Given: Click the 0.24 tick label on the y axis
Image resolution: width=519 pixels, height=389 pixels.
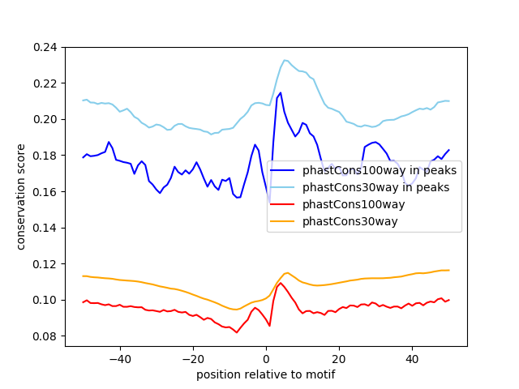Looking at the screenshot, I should (45, 47).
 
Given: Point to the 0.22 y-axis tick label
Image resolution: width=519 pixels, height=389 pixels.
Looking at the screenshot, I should (45, 83).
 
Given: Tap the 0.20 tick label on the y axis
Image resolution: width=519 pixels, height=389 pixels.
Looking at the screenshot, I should (45, 119).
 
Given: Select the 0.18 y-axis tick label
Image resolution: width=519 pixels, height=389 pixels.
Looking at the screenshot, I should (45, 156).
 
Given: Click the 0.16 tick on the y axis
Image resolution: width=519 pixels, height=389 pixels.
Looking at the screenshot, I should (45, 191).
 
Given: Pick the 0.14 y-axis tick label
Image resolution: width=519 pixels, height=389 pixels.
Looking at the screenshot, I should (45, 228).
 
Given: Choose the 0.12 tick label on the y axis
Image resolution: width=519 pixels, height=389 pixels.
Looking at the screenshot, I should (45, 263).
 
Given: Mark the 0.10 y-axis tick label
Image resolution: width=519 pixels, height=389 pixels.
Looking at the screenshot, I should (45, 300).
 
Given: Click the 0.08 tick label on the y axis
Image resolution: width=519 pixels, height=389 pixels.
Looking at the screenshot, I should (45, 336).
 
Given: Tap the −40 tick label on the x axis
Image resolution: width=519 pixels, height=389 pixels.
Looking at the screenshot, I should (119, 358).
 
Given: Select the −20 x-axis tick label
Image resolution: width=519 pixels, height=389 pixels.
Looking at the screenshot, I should (192, 358).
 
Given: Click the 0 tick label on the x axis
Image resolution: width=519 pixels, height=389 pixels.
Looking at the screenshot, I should (266, 358).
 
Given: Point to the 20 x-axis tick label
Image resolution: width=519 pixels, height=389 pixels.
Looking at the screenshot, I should (339, 358).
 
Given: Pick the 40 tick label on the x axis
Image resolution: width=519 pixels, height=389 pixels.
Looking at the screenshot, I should (412, 358).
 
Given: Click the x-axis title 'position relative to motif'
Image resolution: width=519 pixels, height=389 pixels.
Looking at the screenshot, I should (265, 374).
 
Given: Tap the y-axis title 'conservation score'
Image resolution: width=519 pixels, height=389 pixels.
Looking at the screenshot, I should (21, 197).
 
